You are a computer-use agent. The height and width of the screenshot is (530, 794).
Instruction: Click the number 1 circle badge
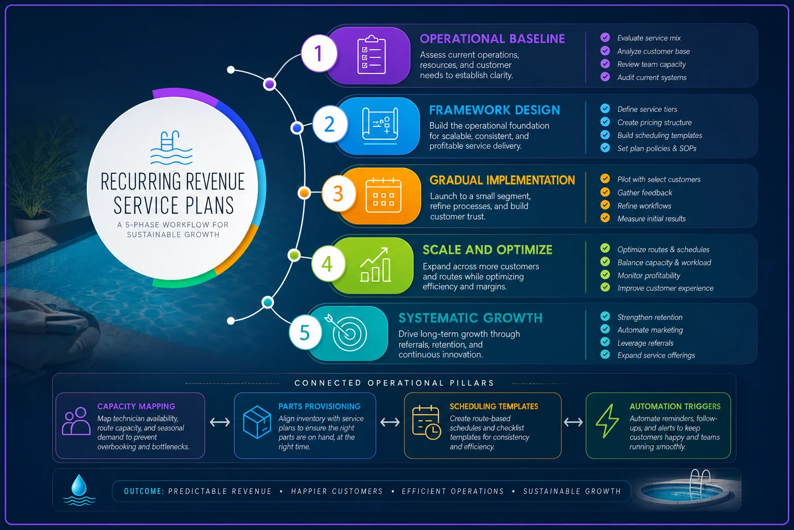tap(318, 54)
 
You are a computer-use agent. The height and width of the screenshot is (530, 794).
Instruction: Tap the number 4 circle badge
tap(328, 264)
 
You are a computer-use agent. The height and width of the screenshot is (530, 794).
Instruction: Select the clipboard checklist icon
tap(372, 55)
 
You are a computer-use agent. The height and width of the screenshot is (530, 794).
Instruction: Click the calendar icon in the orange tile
tap(383, 196)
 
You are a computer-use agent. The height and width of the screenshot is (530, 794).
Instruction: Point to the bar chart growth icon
tap(375, 265)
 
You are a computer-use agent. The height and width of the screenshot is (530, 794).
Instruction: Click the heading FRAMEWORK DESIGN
tap(495, 110)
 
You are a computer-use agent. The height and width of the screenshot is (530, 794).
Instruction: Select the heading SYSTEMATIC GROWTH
tap(470, 318)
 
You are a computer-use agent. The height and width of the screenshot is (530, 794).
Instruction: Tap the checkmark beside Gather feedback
tap(605, 192)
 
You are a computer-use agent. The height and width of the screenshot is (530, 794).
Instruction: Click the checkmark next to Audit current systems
tap(605, 77)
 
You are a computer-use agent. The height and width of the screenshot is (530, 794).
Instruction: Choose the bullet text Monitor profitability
tap(649, 275)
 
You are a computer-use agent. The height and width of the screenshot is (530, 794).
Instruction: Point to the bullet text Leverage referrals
tap(645, 343)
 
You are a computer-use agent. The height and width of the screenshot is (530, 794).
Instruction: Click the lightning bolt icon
tap(607, 421)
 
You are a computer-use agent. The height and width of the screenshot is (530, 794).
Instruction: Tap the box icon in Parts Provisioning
tap(257, 422)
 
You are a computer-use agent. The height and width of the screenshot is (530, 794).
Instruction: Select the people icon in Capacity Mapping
tap(76, 421)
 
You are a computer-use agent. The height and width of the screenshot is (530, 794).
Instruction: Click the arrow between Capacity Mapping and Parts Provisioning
tap(220, 422)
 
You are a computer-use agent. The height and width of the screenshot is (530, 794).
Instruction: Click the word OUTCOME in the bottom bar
tap(144, 491)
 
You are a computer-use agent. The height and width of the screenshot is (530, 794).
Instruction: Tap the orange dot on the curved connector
tap(304, 193)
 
